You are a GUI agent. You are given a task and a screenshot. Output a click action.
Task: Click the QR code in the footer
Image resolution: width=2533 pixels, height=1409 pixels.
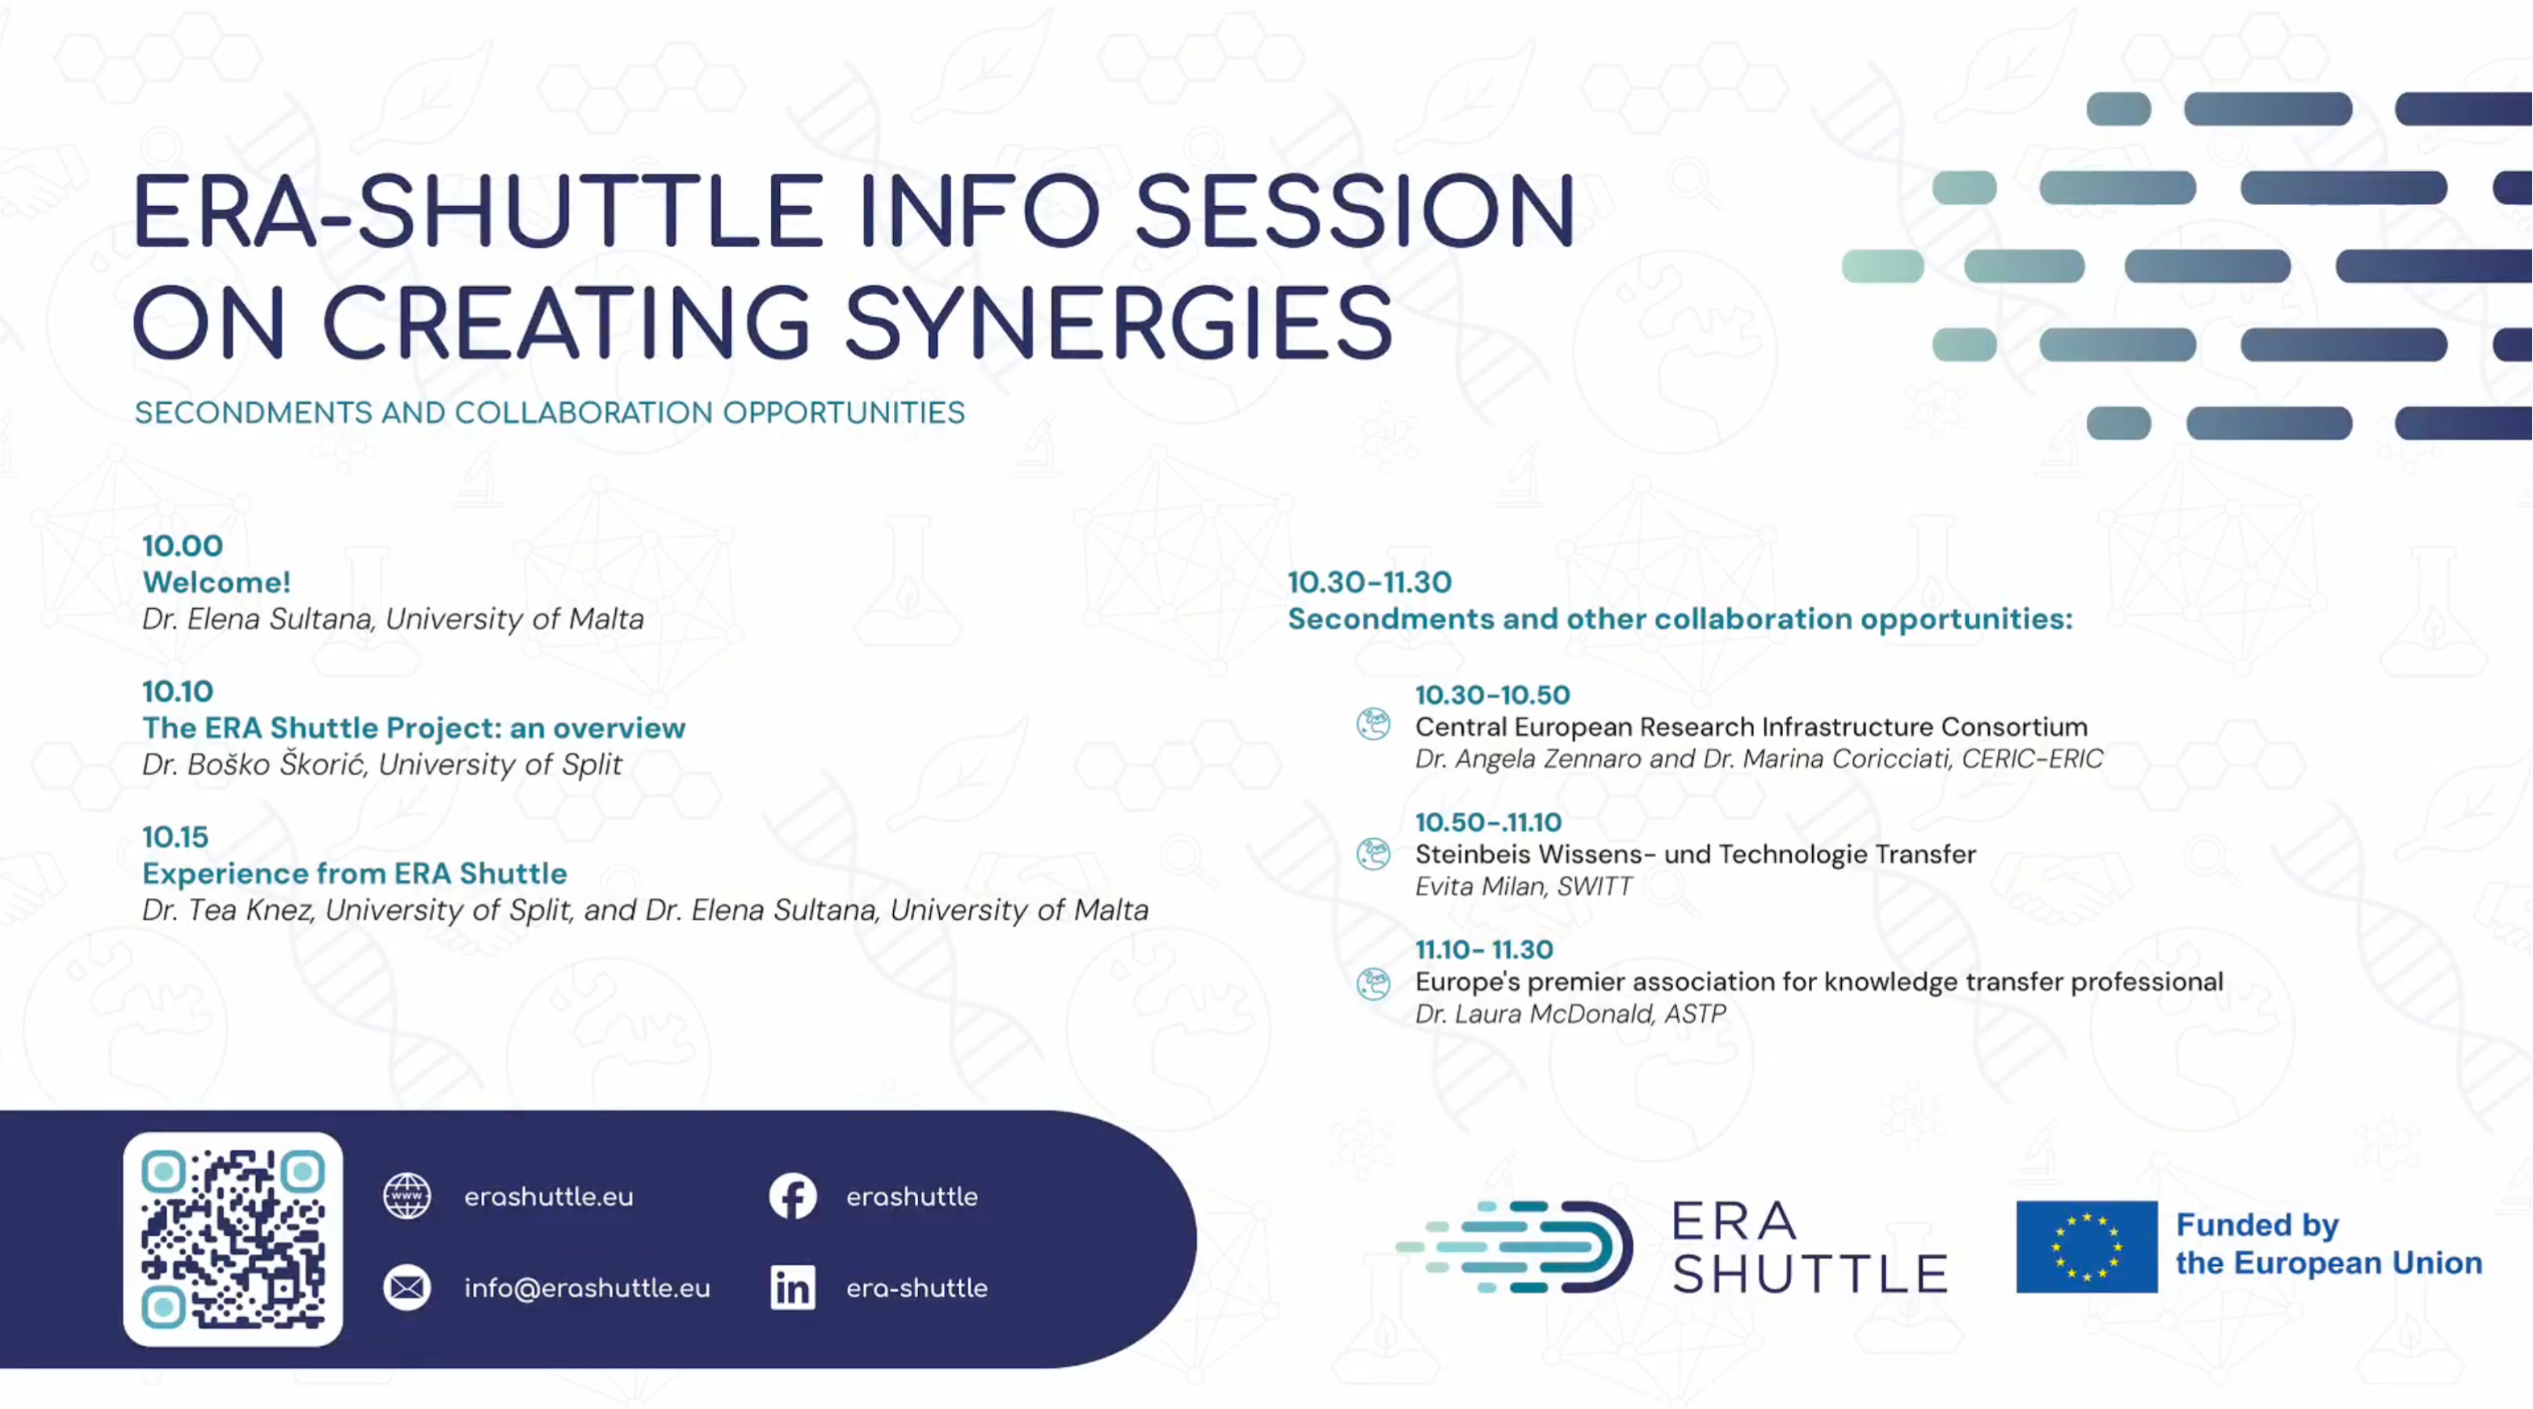point(233,1239)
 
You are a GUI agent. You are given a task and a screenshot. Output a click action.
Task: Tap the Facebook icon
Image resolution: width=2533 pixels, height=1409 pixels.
point(793,1196)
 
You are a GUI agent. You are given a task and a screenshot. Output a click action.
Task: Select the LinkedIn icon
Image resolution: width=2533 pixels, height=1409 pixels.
point(793,1287)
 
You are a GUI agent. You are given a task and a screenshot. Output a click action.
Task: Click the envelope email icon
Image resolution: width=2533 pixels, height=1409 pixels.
point(407,1287)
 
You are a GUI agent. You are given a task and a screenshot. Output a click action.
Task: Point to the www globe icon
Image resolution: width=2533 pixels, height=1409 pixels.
point(407,1196)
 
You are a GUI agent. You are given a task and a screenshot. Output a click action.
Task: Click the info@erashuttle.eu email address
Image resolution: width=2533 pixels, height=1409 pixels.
point(587,1288)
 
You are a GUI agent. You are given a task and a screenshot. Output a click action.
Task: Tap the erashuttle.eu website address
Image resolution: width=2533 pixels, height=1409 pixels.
point(549,1197)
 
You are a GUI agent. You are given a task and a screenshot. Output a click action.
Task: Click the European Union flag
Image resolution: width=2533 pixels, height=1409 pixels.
point(2087,1246)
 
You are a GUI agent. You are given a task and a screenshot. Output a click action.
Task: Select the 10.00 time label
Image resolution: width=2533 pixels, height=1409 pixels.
point(183,545)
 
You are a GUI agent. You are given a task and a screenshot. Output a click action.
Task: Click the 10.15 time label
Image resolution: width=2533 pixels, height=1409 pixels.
point(176,837)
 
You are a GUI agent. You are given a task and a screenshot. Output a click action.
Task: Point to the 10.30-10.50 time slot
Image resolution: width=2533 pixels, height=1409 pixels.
point(1493,695)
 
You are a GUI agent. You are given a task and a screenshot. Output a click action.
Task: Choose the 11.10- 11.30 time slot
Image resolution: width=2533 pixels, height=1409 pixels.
point(1485,950)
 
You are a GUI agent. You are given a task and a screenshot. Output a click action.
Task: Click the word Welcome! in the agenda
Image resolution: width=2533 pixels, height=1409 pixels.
point(217,582)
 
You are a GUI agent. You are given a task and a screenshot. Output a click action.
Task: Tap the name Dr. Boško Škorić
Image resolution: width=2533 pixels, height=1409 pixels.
point(255,764)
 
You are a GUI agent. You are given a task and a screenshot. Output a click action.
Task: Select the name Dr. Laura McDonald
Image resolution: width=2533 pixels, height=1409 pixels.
point(1534,1014)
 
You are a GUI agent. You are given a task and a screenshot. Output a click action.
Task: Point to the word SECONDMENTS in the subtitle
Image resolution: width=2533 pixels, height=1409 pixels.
point(254,413)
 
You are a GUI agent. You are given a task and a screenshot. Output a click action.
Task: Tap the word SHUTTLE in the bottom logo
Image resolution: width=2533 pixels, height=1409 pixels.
point(1810,1274)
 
